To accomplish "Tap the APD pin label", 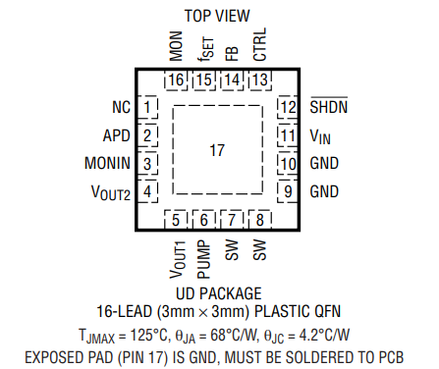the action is (x=116, y=135).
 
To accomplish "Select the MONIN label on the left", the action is (x=105, y=164).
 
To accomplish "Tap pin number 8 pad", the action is (x=260, y=220).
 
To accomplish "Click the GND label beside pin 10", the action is (x=325, y=164).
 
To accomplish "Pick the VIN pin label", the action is (x=321, y=135).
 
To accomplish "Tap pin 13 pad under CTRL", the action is (x=260, y=79).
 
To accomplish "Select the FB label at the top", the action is (x=232, y=50).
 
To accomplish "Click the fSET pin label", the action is (x=203, y=47).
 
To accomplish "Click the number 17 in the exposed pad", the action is (x=218, y=150).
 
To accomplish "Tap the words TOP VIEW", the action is (x=217, y=15).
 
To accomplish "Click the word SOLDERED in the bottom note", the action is (x=287, y=354).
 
